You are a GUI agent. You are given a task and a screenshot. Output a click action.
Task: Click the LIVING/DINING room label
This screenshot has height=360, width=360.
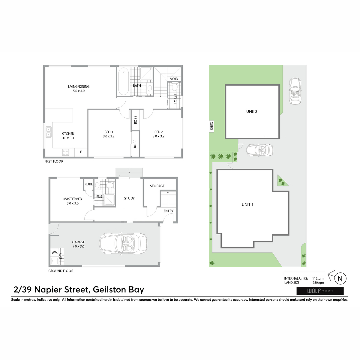pos(79,86)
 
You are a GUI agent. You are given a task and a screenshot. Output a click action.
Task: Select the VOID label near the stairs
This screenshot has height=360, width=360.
pos(174,79)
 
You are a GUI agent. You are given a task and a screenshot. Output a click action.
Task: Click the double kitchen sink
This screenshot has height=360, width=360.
pos(49,132)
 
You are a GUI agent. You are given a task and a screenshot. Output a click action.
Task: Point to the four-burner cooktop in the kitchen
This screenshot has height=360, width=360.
pos(66,152)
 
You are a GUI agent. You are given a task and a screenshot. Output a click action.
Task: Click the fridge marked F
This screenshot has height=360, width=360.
pos(81,152)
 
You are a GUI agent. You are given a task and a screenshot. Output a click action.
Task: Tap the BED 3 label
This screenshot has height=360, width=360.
pos(109,132)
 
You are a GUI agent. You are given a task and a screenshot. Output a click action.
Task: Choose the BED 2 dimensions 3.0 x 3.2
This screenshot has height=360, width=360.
pos(158,136)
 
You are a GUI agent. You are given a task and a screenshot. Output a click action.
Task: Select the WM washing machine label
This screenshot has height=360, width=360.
pos(55,253)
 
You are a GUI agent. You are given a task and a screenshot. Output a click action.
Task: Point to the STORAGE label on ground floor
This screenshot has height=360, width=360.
pos(157,186)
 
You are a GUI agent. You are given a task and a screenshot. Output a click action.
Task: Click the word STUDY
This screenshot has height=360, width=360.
pos(129,198)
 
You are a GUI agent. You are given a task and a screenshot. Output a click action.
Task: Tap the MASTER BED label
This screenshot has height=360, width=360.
pos(73,199)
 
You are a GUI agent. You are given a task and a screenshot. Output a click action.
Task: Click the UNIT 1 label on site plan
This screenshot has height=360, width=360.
pos(247,204)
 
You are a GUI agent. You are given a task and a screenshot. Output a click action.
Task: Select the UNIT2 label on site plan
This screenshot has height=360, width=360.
pos(252,111)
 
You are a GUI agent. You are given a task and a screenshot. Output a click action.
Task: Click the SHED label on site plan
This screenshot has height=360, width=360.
pos(211,126)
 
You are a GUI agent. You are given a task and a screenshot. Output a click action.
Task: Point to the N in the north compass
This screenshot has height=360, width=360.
pos(340,278)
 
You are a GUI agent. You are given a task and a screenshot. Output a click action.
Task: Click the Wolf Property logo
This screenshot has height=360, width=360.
pos(320,291)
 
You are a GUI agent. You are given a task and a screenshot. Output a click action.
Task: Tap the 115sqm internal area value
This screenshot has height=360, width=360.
pos(318,278)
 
